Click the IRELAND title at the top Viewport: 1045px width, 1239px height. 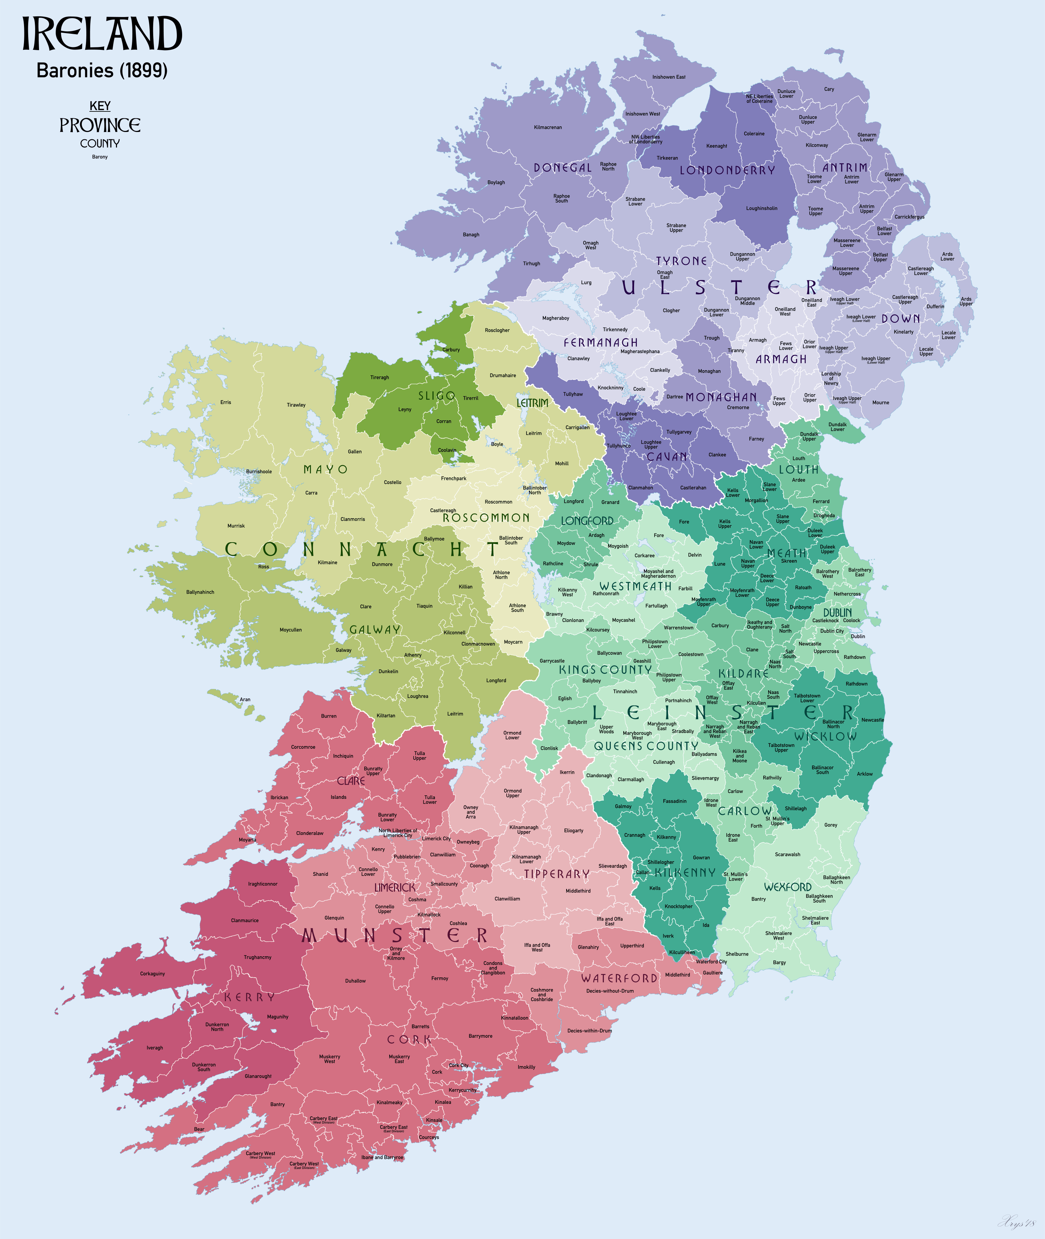click(102, 34)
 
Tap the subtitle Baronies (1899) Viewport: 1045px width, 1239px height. click(102, 70)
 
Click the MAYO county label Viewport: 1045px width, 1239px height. click(325, 469)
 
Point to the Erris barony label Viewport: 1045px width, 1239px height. click(226, 402)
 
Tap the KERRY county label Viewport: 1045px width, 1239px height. click(249, 997)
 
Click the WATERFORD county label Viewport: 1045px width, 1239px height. click(619, 978)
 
